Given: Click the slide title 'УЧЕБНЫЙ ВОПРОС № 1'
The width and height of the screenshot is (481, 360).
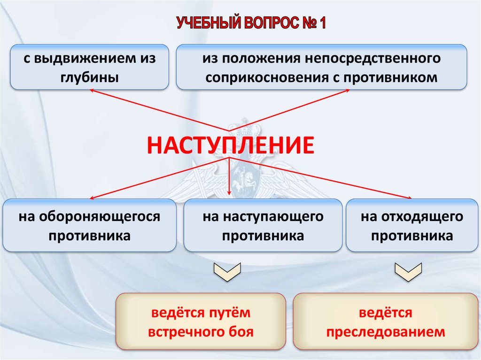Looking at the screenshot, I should (251, 23).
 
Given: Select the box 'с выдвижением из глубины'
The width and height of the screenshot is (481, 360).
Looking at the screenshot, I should (89, 67).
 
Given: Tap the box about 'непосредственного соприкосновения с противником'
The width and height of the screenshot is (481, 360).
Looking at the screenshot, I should (321, 67).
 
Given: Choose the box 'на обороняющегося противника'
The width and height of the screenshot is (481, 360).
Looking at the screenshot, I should (89, 225).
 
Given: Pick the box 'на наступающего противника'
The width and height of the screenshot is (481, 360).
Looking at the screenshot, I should (263, 225).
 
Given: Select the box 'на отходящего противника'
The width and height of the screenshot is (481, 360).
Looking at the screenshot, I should (412, 225).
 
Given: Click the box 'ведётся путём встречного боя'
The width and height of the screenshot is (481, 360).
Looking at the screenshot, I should (201, 322).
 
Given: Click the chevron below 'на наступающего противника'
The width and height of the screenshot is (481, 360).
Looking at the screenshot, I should (227, 272).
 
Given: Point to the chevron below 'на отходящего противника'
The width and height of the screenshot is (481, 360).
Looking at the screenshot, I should (407, 272).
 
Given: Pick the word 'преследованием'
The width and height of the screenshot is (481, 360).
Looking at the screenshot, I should (385, 332).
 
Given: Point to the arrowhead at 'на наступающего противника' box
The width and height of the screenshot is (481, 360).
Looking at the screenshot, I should (229, 193).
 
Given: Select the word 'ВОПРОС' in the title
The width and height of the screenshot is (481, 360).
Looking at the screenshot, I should (270, 23).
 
